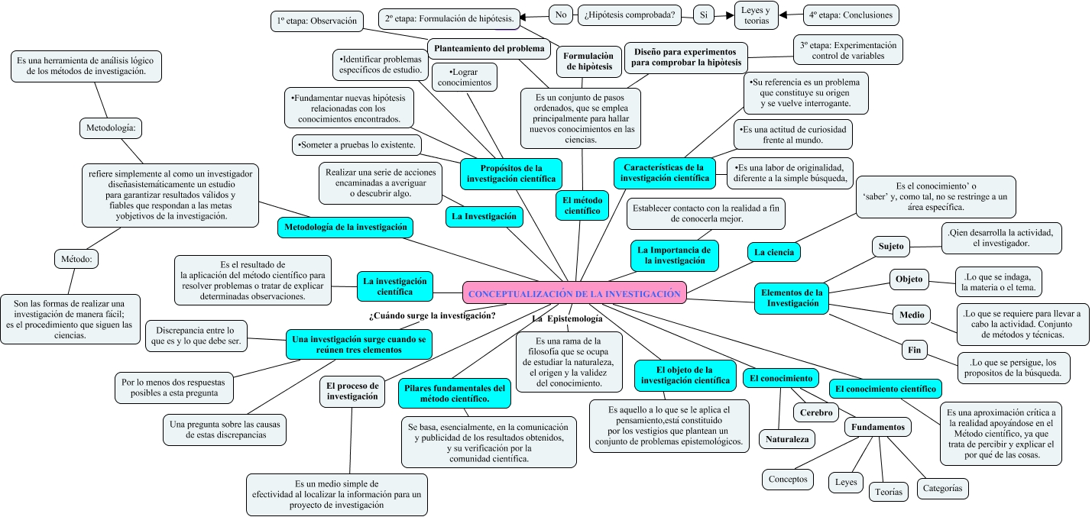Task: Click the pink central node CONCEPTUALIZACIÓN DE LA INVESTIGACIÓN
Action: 575,292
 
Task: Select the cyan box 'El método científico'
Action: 582,205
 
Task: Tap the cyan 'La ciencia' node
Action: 773,252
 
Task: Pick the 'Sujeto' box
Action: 891,246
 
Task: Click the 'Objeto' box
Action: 909,280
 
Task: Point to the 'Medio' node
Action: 912,315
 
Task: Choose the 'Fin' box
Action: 914,350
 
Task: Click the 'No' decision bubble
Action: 561,15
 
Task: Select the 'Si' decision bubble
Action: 704,15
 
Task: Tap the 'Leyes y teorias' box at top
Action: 756,15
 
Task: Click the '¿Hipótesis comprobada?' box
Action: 630,15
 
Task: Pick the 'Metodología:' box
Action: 111,128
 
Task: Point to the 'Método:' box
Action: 76,259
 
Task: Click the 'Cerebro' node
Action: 816,412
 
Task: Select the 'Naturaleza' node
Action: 787,439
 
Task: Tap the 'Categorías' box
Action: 942,488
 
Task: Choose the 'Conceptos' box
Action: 788,479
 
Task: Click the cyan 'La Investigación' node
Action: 484,217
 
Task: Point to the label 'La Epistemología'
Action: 567,318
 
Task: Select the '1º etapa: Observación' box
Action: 317,21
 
